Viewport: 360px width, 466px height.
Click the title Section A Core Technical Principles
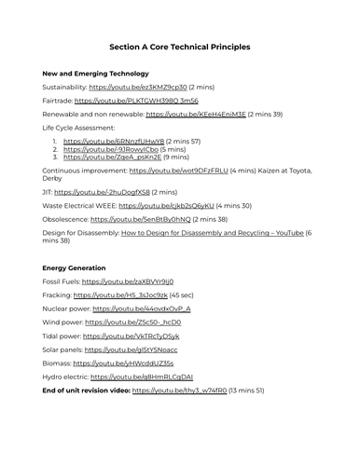(x=179, y=47)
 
